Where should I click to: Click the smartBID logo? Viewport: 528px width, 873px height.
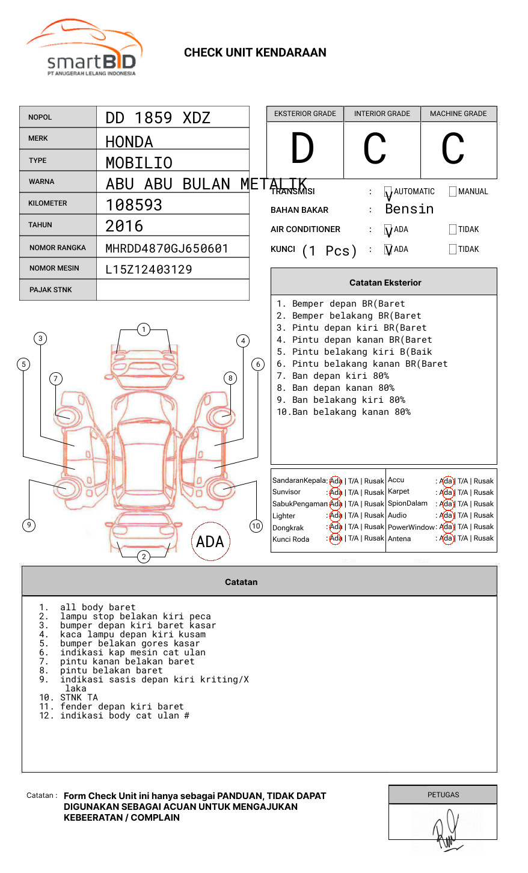click(x=84, y=48)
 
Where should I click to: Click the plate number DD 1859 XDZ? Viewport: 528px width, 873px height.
click(x=158, y=118)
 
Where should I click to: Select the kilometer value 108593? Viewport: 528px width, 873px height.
click(x=134, y=205)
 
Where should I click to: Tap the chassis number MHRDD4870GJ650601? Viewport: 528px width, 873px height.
click(x=167, y=248)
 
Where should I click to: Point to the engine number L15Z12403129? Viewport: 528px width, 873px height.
click(x=149, y=269)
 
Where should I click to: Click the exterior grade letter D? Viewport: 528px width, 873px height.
click(x=302, y=149)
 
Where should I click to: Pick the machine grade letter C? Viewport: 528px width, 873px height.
click(x=453, y=149)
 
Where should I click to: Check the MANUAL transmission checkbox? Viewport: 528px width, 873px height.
click(x=453, y=192)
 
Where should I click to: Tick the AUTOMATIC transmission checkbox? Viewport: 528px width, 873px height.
click(x=388, y=192)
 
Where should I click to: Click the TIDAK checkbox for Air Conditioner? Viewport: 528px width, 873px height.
click(x=453, y=230)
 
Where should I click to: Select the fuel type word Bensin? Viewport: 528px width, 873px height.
click(x=409, y=209)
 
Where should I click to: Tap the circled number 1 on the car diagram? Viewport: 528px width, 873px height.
click(x=143, y=329)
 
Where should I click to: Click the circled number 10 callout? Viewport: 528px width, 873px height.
click(x=256, y=526)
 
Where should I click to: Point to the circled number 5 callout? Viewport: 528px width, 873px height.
click(x=24, y=364)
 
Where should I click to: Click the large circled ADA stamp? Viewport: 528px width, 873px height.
click(x=210, y=542)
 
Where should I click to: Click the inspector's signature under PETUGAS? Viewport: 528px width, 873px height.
click(x=446, y=829)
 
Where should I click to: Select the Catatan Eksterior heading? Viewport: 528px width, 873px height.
click(x=385, y=283)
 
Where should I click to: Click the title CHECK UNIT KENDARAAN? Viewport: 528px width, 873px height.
click(x=255, y=53)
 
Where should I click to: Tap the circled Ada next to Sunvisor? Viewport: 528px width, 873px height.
click(x=336, y=492)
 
